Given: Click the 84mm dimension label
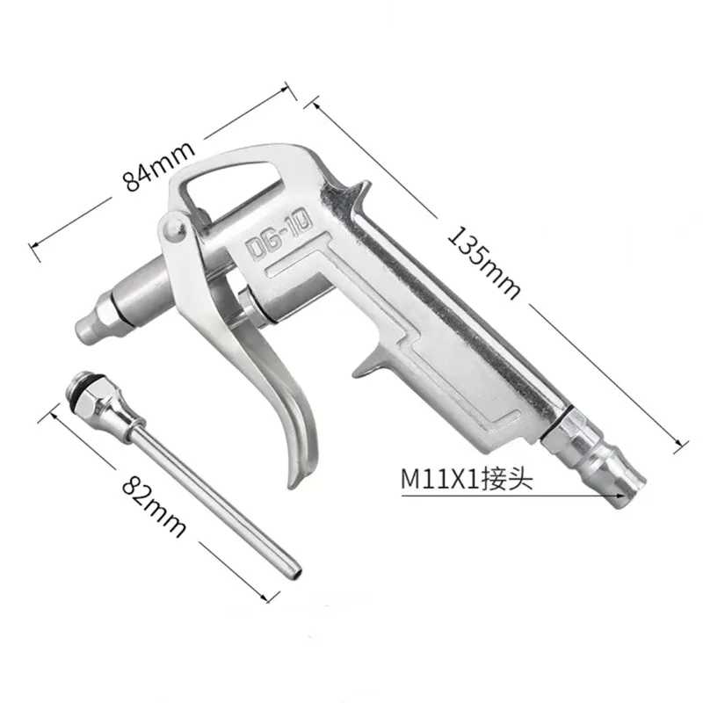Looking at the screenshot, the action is [x=159, y=166].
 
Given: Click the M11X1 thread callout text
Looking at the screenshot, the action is [x=440, y=479].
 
